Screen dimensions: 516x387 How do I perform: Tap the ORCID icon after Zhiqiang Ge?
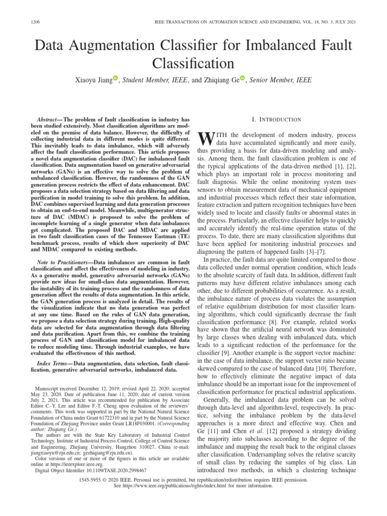pos(242,78)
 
